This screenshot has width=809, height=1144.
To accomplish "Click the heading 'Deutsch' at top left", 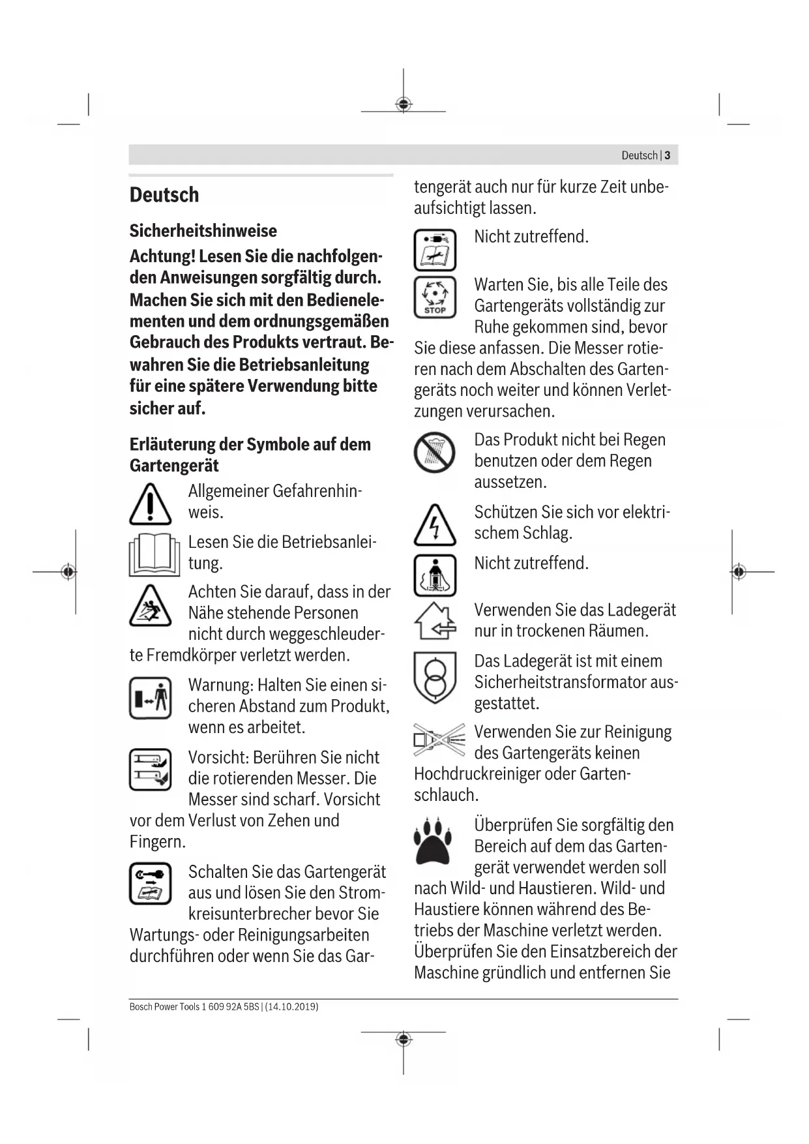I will pos(164,195).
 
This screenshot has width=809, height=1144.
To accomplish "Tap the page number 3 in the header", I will pos(668,155).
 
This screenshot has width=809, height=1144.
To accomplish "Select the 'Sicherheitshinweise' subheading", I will pos(203,231).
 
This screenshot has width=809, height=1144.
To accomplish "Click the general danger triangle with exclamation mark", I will pos(150,505).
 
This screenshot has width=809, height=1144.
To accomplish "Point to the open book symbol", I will pos(154,554).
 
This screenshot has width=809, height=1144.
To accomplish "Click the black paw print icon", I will pos(435,839).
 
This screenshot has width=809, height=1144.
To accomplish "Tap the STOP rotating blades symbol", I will pos(435,297).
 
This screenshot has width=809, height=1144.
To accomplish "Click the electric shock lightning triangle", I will pos(434,526).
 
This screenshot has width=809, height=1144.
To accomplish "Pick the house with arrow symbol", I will pos(435,621).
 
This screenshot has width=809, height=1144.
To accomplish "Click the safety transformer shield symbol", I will pos(434,678).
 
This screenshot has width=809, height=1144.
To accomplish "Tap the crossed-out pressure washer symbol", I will pos(439,740).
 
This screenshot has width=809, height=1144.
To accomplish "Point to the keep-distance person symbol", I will pos(150,698).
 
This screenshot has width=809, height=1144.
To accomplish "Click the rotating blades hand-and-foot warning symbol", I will pos(150,770).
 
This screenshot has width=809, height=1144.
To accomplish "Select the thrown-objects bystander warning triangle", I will pos(150,605).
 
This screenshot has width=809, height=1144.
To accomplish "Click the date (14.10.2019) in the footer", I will pos(292,1006).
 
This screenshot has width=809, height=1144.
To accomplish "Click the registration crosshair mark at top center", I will pos(404,104).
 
